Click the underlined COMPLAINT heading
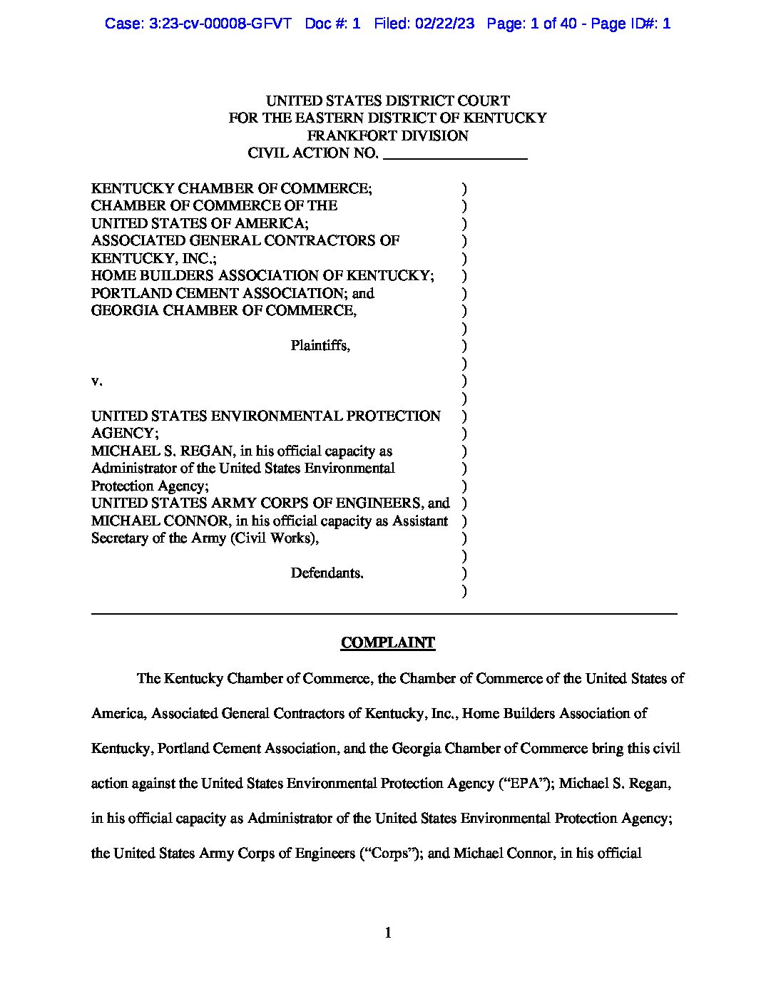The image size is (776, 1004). (x=387, y=642)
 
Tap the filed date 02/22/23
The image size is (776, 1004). (x=447, y=24)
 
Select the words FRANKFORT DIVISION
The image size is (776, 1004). (x=387, y=135)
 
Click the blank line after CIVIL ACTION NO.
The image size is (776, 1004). (x=455, y=153)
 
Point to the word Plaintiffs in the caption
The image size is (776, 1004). (x=320, y=346)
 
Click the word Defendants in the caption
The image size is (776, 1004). (x=327, y=573)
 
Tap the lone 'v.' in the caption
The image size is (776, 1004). (x=97, y=381)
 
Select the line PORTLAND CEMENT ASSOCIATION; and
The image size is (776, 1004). (x=233, y=293)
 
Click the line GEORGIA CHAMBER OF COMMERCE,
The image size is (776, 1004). (x=224, y=310)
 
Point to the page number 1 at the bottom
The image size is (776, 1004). (x=388, y=933)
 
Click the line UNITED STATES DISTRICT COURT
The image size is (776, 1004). (x=387, y=101)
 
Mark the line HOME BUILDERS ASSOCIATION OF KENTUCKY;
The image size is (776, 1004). (x=262, y=275)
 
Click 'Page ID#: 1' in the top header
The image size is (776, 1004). (x=630, y=24)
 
